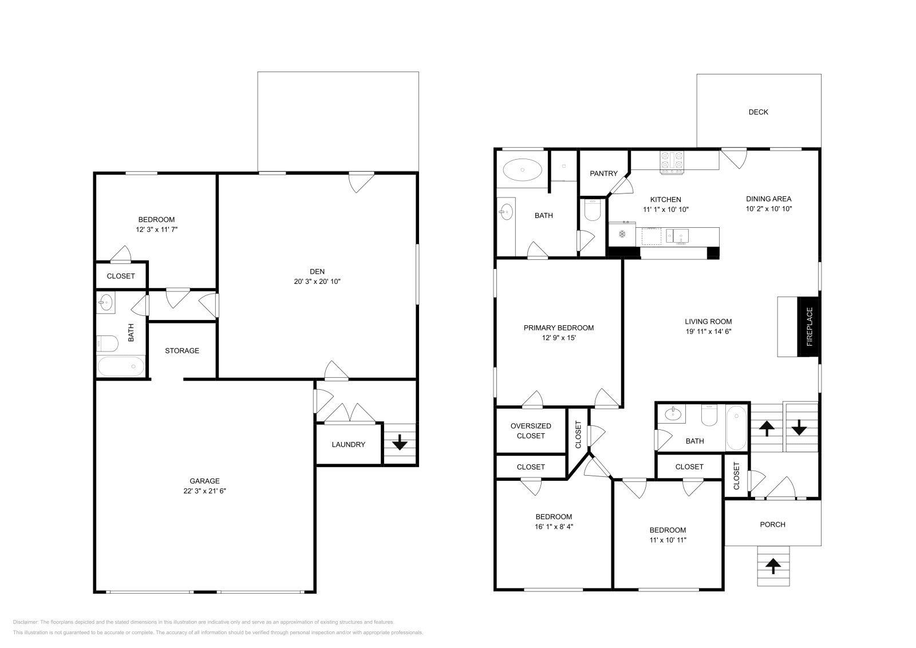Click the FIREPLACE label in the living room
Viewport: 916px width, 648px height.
coord(809,327)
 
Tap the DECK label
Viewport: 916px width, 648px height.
coord(758,112)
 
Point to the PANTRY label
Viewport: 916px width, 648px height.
coord(603,173)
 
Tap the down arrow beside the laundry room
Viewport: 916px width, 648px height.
coord(399,442)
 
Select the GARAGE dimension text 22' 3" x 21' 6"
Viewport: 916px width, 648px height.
coord(205,491)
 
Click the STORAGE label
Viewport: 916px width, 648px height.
coord(182,350)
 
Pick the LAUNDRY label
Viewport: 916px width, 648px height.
coord(348,444)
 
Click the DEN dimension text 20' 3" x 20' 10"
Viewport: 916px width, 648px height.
coord(317,282)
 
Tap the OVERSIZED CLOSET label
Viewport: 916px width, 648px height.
coord(531,430)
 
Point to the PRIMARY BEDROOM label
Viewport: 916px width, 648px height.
coord(558,328)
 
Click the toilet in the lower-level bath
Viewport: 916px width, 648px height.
coord(107,343)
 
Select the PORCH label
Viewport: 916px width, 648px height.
coord(772,524)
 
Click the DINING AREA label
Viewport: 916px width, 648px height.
coord(768,199)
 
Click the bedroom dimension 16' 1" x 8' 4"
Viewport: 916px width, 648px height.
coord(554,527)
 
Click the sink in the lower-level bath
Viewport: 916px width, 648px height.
coord(105,303)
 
